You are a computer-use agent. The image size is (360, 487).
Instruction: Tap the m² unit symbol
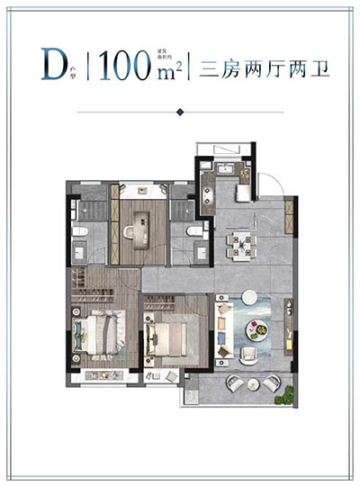tap(165, 72)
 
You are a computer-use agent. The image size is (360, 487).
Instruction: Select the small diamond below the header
tap(180, 112)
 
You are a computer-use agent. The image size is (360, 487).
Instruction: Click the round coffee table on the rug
tap(258, 329)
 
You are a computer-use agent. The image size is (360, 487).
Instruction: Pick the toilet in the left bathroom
tap(79, 235)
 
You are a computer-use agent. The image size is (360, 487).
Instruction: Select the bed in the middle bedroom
tap(171, 338)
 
